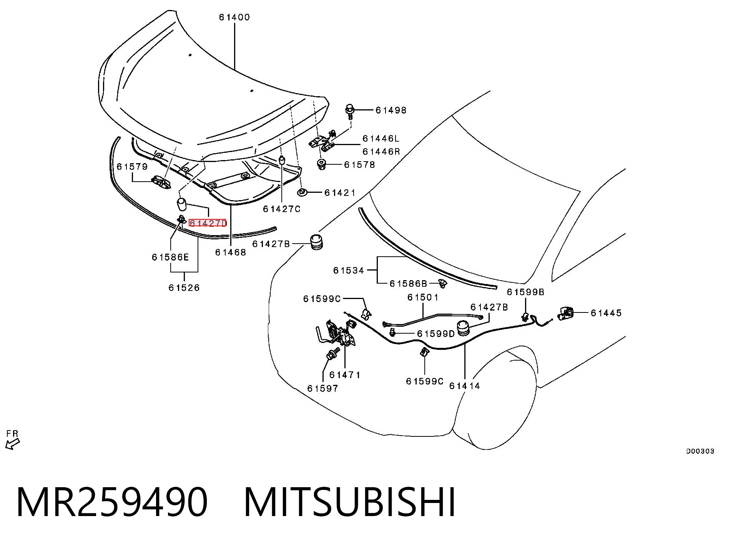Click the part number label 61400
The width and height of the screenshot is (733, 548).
[234, 17]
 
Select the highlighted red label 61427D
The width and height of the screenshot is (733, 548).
[208, 223]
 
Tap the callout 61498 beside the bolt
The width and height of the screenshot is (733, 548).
[391, 110]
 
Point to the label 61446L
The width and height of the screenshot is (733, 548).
[381, 138]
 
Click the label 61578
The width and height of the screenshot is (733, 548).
[359, 165]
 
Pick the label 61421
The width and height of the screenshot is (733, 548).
[340, 192]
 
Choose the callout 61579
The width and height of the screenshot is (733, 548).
[132, 167]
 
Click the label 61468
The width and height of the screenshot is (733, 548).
[230, 252]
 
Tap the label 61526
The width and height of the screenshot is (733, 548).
[184, 288]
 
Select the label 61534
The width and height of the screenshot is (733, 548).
[349, 271]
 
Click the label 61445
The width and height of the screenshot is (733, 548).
[606, 313]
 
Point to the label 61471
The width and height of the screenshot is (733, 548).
[345, 375]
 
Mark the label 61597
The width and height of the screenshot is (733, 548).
[323, 389]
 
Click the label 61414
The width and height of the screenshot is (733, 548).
[465, 386]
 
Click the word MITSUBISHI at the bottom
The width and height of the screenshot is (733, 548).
[349, 503]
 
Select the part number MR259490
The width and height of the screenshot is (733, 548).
[112, 503]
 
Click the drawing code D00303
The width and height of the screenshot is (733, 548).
[700, 451]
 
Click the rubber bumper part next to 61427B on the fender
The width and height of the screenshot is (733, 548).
[316, 242]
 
